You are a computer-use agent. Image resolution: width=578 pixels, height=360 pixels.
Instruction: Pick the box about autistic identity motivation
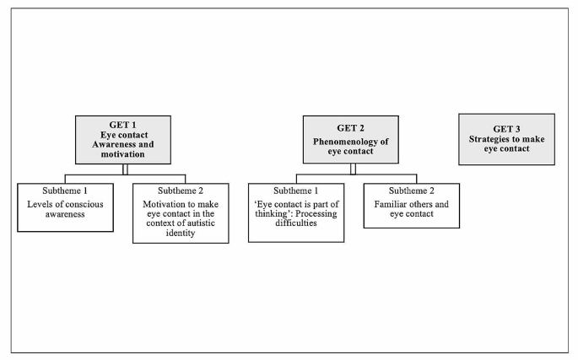point(181,212)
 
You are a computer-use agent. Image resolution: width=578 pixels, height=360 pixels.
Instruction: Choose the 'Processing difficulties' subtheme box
point(296,212)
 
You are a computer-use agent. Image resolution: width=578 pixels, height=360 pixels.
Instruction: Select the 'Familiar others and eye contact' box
point(412,206)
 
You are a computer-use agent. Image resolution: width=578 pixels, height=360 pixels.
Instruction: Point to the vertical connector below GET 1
point(123,169)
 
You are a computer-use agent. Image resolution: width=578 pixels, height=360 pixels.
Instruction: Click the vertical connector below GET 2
point(354,169)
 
